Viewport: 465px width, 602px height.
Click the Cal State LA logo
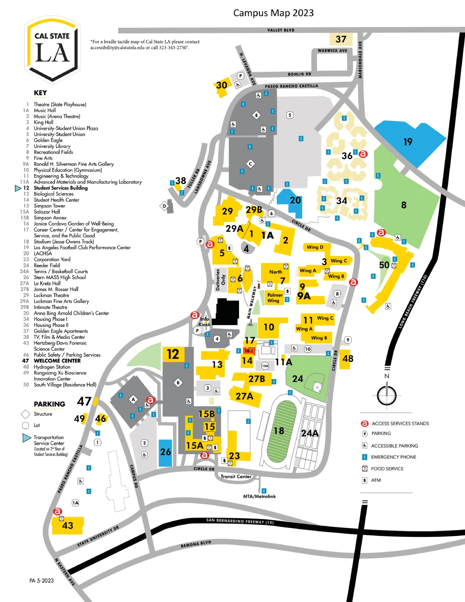pos(53,50)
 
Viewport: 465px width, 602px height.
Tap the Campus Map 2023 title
pos(273,13)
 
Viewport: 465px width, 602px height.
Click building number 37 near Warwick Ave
pos(341,39)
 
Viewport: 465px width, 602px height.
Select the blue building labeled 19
pos(408,142)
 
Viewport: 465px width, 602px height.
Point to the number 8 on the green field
pos(404,205)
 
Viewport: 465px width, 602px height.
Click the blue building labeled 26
pos(165,452)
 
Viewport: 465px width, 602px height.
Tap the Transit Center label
pos(236,476)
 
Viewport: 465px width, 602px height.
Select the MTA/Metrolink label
pos(259,496)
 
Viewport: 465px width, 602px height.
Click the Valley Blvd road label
pos(281,30)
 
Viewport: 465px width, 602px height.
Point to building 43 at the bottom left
pos(67,525)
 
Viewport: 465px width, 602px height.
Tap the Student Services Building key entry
pos(60,188)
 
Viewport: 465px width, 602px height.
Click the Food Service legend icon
pos(365,469)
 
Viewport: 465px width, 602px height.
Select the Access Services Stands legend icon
pos(365,423)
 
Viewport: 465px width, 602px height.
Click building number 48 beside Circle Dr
pos(348,359)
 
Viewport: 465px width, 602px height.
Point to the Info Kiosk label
pos(204,322)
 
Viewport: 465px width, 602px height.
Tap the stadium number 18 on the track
pos(279,431)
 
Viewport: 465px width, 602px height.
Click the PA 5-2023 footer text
pos(41,580)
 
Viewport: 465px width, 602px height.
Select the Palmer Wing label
pos(275,298)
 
